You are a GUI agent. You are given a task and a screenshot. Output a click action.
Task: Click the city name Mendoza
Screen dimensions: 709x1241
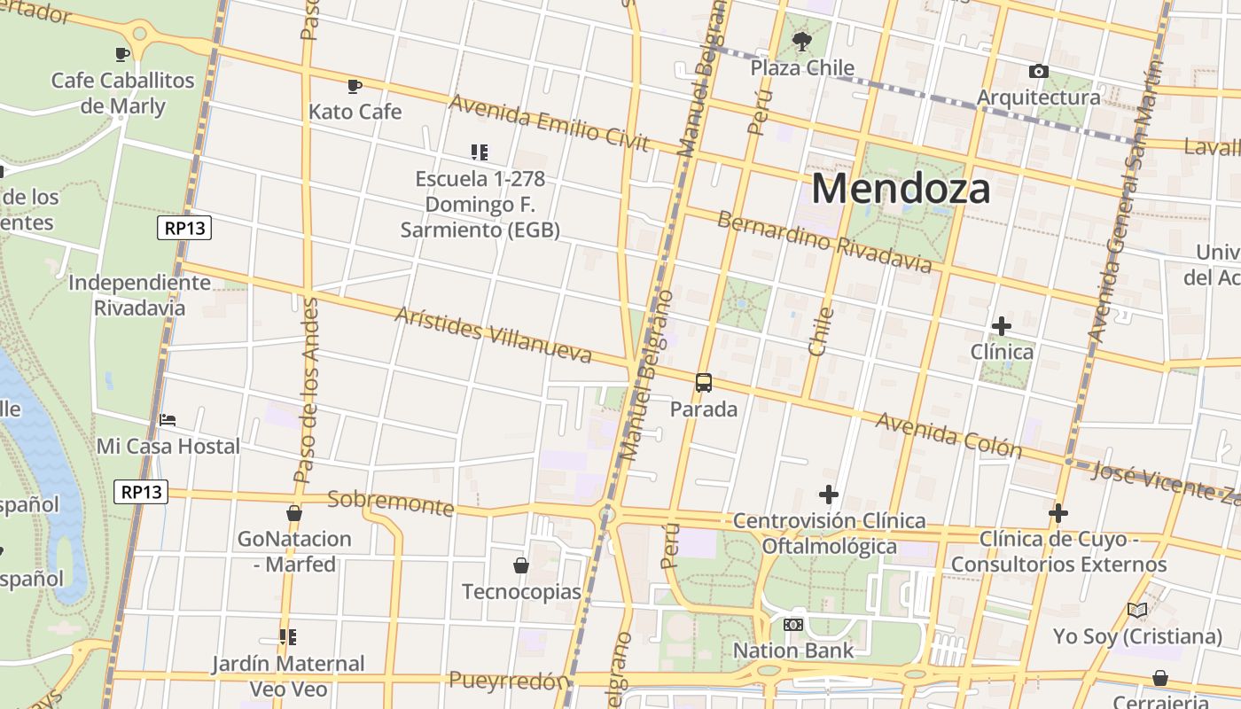[x=900, y=189]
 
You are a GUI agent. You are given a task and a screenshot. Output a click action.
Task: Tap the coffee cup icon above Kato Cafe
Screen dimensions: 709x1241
[x=355, y=86]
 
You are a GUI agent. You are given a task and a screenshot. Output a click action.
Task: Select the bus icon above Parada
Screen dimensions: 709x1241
[x=704, y=383]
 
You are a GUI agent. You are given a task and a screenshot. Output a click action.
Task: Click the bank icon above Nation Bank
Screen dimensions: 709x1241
[x=792, y=625]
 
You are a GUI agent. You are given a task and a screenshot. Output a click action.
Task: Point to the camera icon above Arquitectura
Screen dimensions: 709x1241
[x=1038, y=71]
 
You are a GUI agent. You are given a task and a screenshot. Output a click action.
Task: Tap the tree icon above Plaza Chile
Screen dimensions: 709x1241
[x=802, y=41]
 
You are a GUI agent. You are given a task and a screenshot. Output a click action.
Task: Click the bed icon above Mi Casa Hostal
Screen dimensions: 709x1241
[x=168, y=419]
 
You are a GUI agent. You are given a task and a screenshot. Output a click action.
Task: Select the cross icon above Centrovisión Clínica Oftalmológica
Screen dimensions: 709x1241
[x=829, y=495]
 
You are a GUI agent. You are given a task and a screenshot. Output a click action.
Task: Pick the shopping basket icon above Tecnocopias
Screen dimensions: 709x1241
[x=521, y=565]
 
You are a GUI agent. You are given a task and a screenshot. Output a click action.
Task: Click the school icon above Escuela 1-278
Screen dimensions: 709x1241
[x=480, y=152]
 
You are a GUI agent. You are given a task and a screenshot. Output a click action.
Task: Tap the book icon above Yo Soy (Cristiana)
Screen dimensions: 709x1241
[x=1137, y=610]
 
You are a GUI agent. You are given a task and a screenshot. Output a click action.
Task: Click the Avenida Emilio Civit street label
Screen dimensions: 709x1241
[x=550, y=122]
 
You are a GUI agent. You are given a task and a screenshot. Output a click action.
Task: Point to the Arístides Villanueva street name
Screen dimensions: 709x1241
[x=493, y=335]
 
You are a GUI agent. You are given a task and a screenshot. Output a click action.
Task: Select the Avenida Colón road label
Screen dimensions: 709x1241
[x=948, y=434]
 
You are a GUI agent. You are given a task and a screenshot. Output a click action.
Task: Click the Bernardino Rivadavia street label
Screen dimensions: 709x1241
[x=824, y=241]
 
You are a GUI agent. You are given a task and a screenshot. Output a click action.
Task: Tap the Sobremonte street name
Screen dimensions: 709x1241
[x=390, y=502]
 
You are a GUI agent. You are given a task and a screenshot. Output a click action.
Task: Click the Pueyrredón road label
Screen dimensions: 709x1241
[x=508, y=681]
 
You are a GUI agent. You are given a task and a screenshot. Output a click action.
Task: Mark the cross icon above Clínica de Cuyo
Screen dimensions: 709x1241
[x=1058, y=513]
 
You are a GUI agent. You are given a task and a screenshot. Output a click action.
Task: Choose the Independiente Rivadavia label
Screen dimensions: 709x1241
[x=140, y=295]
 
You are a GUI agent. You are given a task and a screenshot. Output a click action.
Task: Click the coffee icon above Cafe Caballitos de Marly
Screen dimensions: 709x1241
[x=122, y=55]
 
